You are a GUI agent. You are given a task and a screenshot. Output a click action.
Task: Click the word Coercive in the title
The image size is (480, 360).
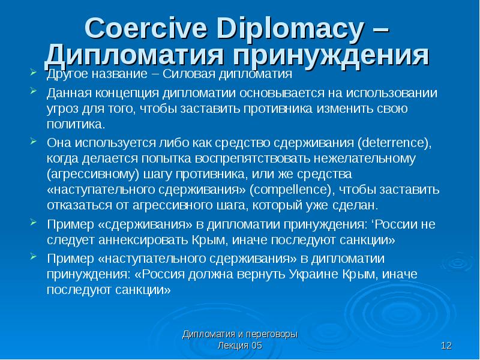(x=146, y=28)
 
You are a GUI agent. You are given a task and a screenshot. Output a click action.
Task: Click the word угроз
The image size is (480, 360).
(x=62, y=109)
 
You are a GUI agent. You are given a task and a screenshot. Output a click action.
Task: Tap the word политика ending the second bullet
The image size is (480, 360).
(x=76, y=124)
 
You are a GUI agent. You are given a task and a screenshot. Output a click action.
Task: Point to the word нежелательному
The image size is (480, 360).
(x=365, y=158)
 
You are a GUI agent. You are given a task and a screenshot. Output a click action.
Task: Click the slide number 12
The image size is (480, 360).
(x=446, y=346)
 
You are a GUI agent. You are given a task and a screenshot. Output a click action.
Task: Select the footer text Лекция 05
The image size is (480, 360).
(x=240, y=346)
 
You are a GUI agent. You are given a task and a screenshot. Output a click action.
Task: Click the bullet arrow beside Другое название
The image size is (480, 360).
(x=34, y=73)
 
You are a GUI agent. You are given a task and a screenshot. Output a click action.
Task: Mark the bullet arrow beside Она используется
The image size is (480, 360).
(x=34, y=142)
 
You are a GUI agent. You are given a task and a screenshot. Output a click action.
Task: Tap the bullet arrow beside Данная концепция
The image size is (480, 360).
(x=34, y=91)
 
